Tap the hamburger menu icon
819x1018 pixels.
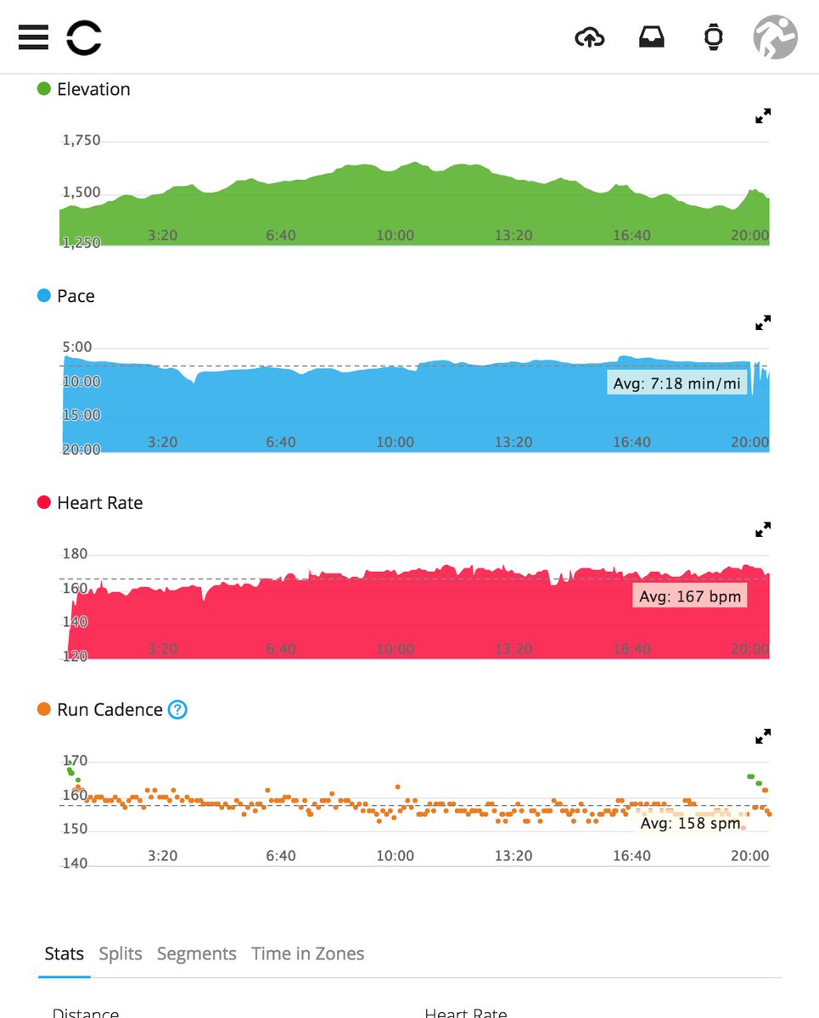point(32,36)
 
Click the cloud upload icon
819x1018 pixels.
point(589,37)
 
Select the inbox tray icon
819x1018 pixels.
point(652,37)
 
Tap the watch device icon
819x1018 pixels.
point(714,37)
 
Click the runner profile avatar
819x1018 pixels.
point(775,37)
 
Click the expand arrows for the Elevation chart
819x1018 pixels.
point(763,116)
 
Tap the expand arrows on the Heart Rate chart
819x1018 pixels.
point(763,529)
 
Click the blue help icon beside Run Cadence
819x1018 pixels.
point(177,709)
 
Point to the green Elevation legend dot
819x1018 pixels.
point(44,89)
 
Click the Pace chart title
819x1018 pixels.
point(76,296)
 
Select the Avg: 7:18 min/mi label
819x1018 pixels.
point(676,384)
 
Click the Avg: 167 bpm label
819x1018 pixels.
point(689,596)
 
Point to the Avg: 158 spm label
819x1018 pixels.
point(690,823)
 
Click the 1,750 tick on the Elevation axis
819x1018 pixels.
point(81,141)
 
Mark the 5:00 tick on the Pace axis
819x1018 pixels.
point(77,347)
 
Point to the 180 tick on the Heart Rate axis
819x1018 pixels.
point(75,554)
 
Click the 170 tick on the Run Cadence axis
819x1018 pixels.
point(75,761)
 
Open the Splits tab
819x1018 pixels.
point(121,954)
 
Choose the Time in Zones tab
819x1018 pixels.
point(307,954)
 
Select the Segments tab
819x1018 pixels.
point(196,954)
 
